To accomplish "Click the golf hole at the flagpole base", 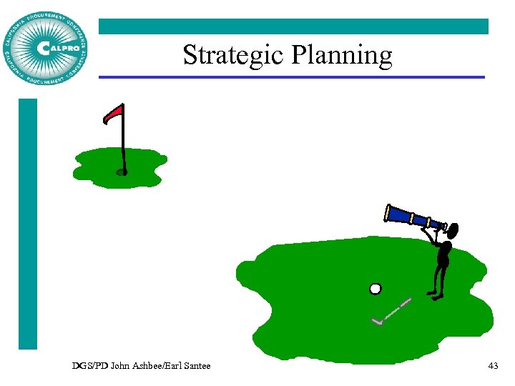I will coord(122,172).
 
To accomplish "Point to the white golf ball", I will coord(375,289).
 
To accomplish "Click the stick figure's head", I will coord(451,230).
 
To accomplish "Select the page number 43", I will coord(492,366).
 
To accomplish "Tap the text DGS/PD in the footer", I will coord(87,366).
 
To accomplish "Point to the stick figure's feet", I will coord(435,293).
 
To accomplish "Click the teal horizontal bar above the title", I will coord(293,26).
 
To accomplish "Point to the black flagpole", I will coord(123,143).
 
